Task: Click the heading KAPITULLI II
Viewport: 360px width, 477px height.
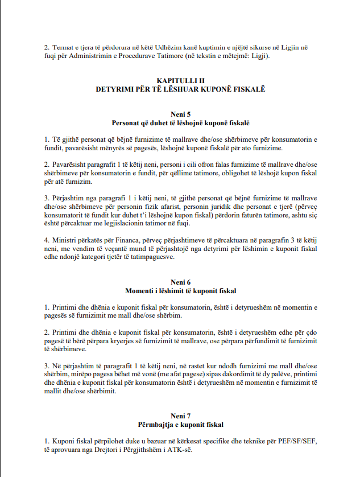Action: coord(180,81)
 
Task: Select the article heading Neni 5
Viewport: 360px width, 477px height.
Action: coord(180,114)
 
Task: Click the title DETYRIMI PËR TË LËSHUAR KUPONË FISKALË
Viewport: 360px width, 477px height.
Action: coord(180,89)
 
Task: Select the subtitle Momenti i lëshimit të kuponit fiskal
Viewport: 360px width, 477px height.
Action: coord(180,291)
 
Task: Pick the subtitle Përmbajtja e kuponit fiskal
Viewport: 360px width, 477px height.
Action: coord(180,425)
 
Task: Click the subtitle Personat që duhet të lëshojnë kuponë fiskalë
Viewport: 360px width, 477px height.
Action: coord(180,122)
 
